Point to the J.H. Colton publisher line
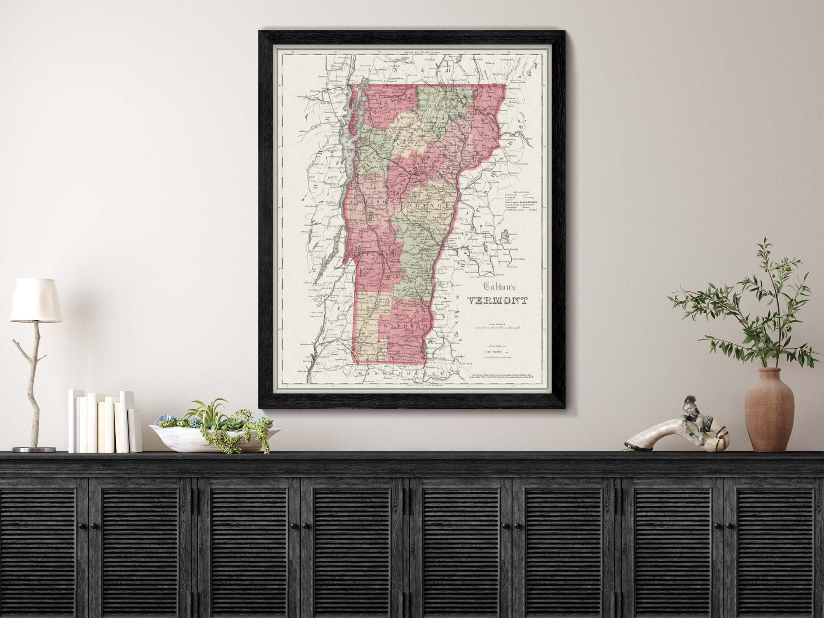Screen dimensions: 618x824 (x=499, y=352)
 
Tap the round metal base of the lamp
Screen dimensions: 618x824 (x=31, y=449)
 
